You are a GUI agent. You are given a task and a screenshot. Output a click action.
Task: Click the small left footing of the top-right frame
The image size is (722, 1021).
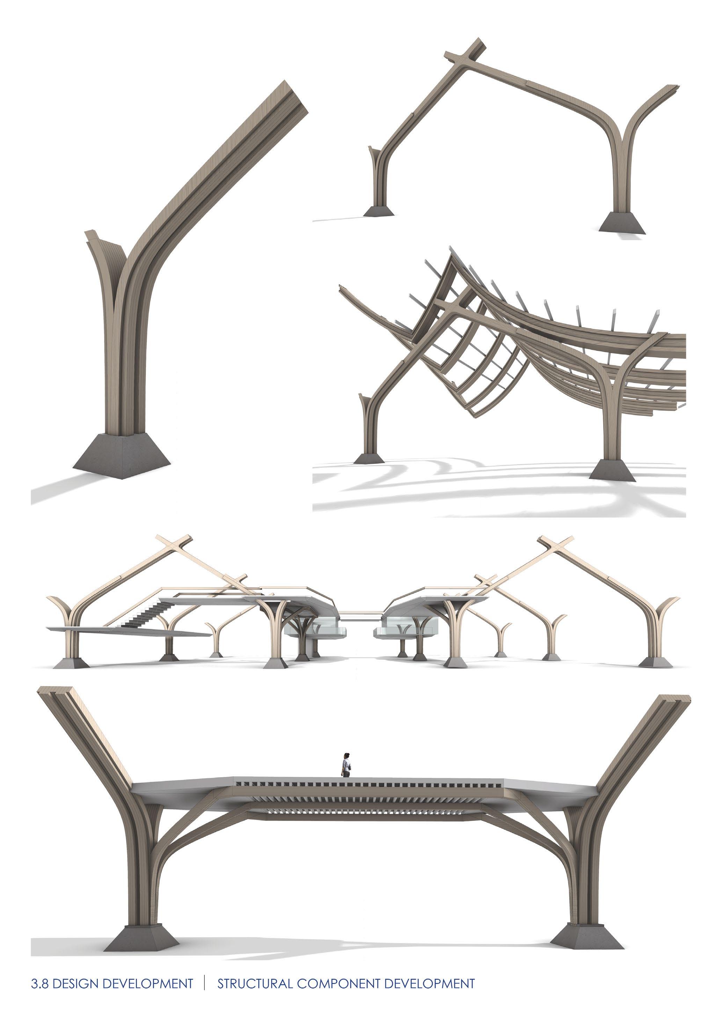tap(379, 211)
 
